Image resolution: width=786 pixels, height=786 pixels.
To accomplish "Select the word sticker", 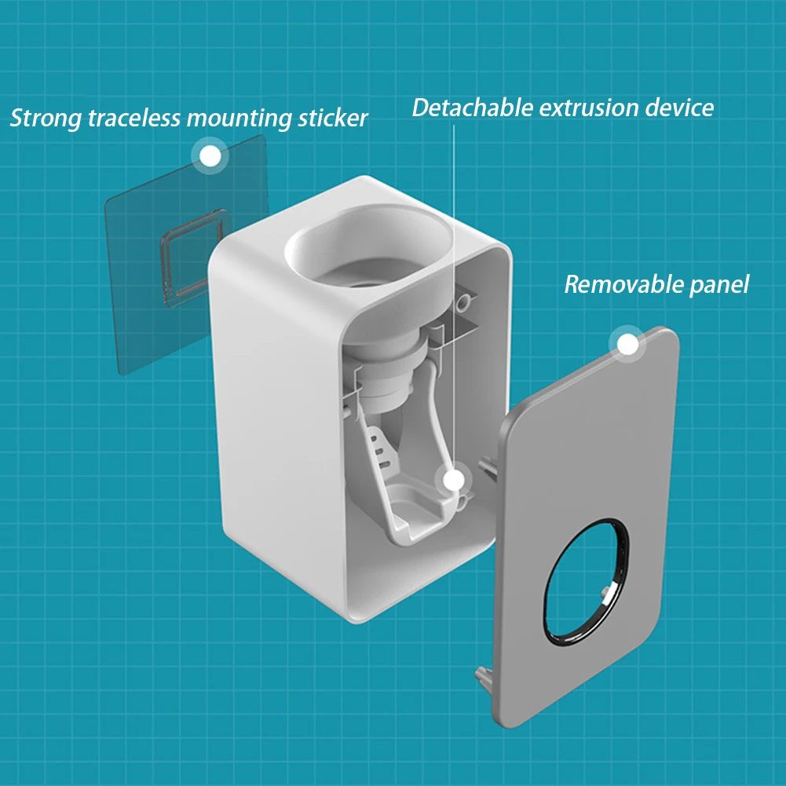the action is (x=330, y=119).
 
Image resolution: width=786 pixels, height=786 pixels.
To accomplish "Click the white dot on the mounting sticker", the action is (x=209, y=156).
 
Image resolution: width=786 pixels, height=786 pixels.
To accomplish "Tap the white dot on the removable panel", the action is (x=627, y=345).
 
